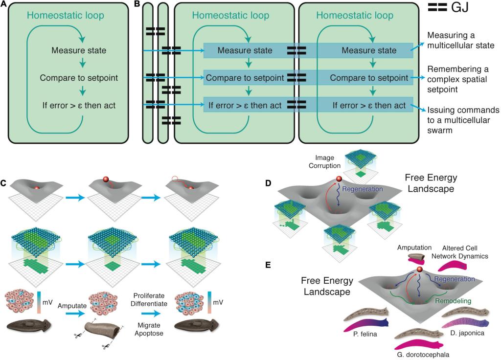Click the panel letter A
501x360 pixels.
4,4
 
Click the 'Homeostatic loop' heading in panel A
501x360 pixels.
65,15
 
